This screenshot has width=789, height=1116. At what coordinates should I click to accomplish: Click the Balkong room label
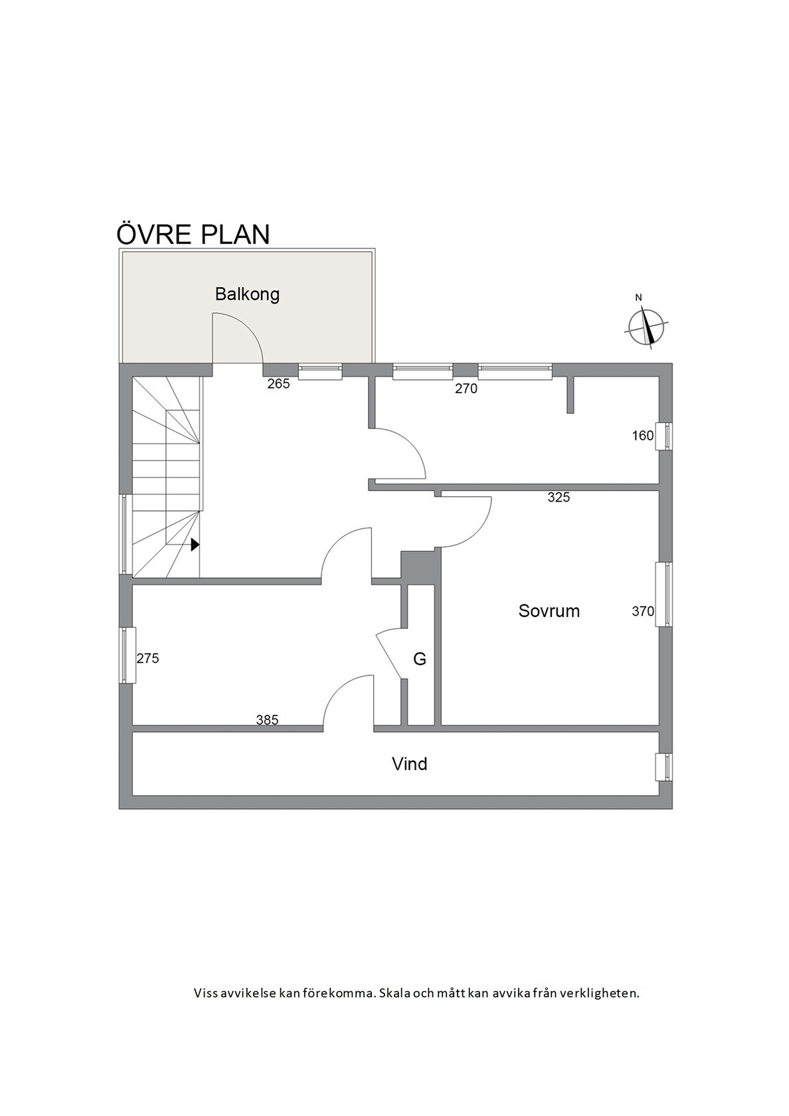pos(247,294)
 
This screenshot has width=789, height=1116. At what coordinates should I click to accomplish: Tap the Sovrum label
pos(549,611)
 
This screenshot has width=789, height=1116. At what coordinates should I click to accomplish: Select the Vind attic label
pos(409,764)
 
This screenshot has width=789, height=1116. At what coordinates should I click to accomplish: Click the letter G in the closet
pos(420,659)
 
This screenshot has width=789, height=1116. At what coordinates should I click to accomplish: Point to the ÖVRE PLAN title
pos(193,234)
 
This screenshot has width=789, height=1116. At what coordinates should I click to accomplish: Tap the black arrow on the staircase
pos(195,545)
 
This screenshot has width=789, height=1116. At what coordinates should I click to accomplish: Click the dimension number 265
pos(278,384)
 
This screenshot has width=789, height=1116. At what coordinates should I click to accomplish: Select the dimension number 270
pos(466,389)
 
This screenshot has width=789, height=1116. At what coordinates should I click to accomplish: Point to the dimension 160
pos(643,436)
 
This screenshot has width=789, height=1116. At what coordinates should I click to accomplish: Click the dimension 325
pos(559,497)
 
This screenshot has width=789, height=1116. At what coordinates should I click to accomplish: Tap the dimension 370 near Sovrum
pos(643,611)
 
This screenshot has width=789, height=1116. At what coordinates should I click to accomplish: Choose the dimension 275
pos(148,659)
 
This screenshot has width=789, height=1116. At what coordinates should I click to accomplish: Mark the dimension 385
pos(268,720)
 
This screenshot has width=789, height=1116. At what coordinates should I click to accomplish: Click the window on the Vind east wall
pos(663,767)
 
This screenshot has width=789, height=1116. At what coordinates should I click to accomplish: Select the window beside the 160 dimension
pos(663,436)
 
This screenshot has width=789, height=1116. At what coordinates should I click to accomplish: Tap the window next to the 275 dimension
pos(128,655)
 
